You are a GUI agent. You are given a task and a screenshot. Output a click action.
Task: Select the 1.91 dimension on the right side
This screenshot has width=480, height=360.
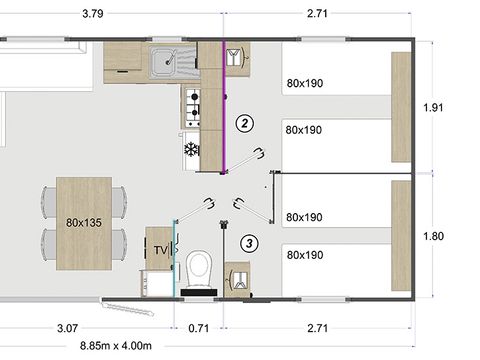(x=434, y=107)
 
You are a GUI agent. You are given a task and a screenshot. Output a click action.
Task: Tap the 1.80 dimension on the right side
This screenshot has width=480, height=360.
(x=434, y=237)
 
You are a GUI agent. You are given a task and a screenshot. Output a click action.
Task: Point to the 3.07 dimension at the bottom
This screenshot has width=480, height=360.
(x=68, y=327)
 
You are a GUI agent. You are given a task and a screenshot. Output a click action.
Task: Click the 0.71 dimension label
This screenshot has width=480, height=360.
(x=200, y=327)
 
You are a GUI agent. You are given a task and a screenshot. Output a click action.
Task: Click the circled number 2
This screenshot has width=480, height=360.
(x=242, y=124)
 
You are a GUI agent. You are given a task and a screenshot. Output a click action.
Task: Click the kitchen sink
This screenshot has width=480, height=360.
(x=165, y=65)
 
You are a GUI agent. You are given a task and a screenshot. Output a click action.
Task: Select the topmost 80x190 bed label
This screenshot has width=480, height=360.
(x=305, y=83)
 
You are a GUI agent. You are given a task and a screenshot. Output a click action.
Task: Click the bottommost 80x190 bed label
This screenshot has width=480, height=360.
(x=305, y=255)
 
